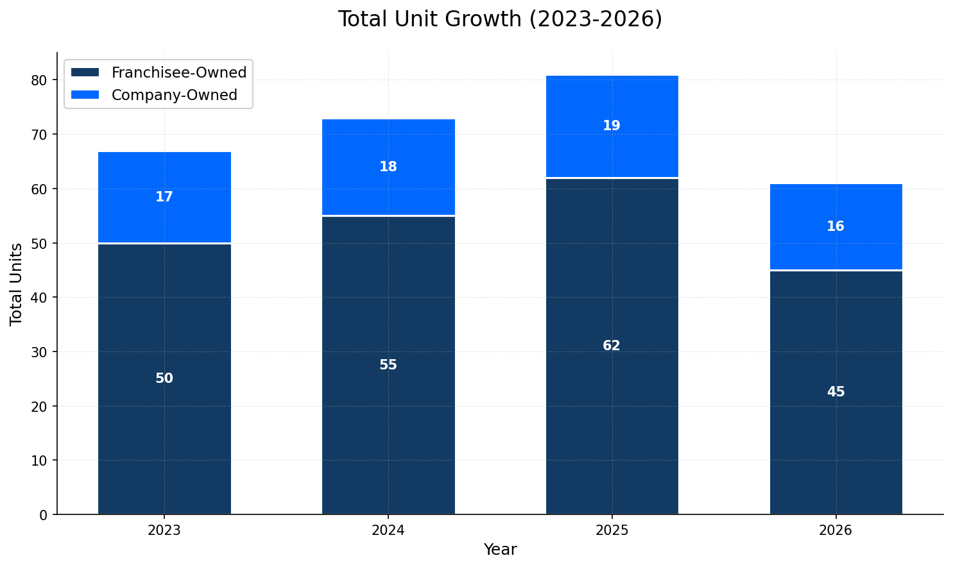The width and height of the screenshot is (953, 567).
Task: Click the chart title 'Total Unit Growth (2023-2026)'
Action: [499, 19]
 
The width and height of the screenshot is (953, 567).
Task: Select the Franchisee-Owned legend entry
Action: [178, 72]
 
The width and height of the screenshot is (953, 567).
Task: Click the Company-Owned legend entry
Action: [174, 95]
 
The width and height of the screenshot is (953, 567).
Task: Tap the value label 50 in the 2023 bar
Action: [164, 378]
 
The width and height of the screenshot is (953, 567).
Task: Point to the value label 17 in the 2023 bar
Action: [164, 197]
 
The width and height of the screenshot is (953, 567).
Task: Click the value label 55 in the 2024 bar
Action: [388, 365]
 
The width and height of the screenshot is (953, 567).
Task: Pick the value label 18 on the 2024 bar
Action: [388, 167]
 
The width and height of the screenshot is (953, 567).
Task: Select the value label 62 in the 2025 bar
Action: [612, 346]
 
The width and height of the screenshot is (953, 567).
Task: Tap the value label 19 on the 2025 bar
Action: [612, 126]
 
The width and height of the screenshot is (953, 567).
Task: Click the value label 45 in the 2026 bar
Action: [836, 392]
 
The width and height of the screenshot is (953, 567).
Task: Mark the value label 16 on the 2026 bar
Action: [836, 226]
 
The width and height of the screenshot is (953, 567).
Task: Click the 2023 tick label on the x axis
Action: [164, 530]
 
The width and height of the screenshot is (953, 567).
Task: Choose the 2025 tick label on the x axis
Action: [612, 530]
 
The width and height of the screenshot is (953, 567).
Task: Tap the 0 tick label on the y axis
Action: [44, 514]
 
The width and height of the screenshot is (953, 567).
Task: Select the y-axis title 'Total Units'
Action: [17, 283]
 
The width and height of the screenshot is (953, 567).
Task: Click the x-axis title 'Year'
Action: [500, 550]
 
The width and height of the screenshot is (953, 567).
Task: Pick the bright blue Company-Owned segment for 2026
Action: [836, 205]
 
